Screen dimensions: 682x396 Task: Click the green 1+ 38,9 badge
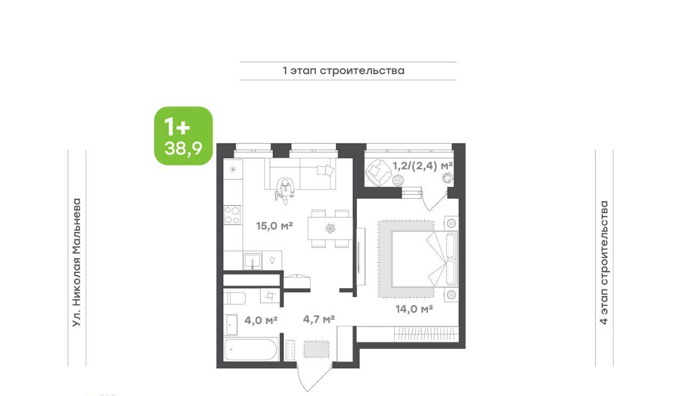183,136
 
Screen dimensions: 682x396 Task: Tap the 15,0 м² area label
274,226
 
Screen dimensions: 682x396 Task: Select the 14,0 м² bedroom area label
415,309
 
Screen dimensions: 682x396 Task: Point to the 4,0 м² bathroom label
261,320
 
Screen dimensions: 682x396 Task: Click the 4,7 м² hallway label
319,319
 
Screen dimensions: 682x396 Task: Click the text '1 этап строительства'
344,71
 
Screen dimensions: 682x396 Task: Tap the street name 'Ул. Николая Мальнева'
77,263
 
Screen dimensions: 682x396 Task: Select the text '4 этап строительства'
604,263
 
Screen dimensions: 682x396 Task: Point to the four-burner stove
233,215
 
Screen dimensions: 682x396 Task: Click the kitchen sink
253,261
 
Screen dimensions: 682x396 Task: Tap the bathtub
251,350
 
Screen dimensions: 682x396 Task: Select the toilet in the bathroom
234,298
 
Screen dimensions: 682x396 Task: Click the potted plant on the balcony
448,177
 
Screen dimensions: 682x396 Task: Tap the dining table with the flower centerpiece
330,228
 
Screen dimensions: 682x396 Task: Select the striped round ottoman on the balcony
398,180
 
